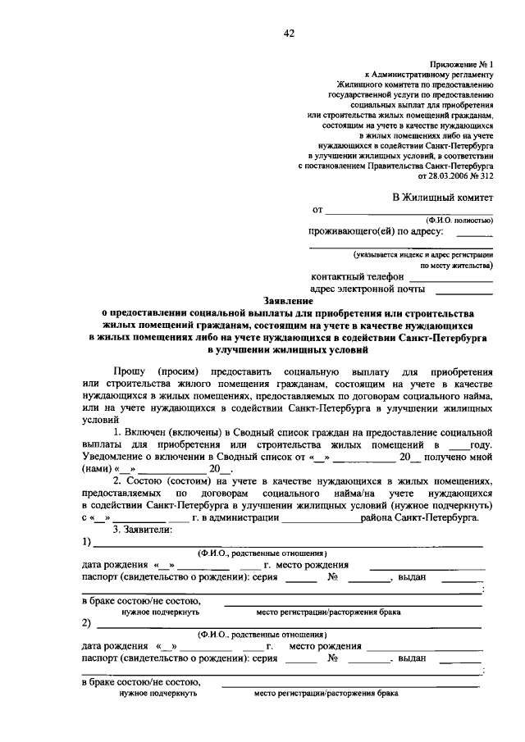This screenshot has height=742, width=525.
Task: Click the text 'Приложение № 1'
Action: [x=460, y=63]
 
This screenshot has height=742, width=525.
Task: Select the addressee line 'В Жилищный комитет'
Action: [x=442, y=197]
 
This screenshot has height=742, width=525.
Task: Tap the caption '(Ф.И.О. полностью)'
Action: [x=459, y=220]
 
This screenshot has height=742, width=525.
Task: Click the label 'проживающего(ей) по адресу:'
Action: [x=376, y=232]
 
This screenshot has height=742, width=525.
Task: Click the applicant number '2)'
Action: [x=86, y=622]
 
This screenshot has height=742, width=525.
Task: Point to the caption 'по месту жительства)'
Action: [x=457, y=266]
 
